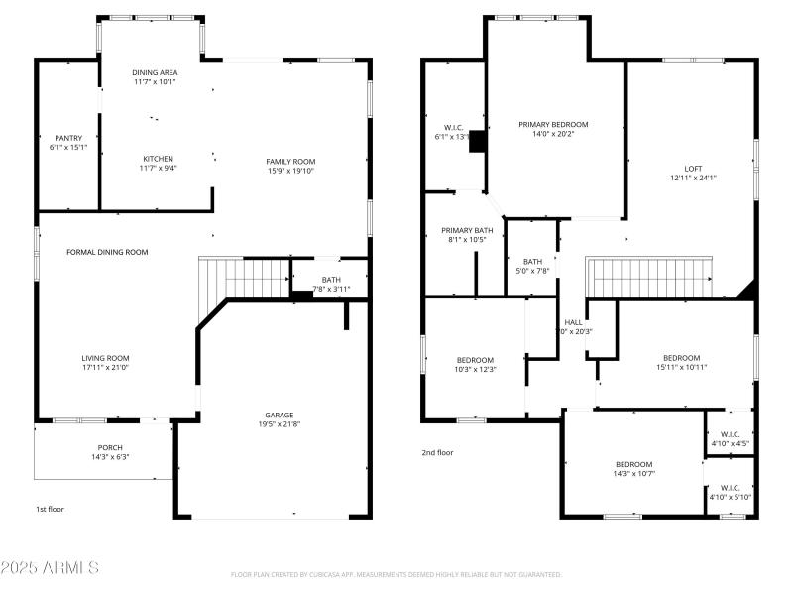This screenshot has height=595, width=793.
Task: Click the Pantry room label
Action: click(67, 138)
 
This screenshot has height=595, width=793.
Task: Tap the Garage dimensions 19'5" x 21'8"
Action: click(279, 426)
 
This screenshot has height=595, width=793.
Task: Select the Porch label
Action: click(110, 447)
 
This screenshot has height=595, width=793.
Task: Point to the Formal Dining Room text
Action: click(107, 252)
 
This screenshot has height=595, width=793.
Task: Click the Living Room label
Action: click(105, 358)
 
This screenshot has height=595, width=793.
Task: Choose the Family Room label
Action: click(289, 161)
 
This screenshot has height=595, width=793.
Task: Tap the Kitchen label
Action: click(158, 159)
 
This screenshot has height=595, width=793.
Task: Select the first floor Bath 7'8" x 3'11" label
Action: click(330, 280)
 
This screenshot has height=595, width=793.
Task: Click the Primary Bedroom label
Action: click(553, 124)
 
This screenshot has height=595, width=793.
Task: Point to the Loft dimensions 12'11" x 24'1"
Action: click(693, 178)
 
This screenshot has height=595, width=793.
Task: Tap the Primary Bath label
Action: click(466, 230)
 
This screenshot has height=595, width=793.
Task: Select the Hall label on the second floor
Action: click(573, 322)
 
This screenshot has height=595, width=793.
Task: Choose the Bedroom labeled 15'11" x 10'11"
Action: click(681, 358)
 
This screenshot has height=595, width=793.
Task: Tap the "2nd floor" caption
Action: click(436, 452)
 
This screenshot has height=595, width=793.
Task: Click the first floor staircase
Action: click(243, 278)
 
